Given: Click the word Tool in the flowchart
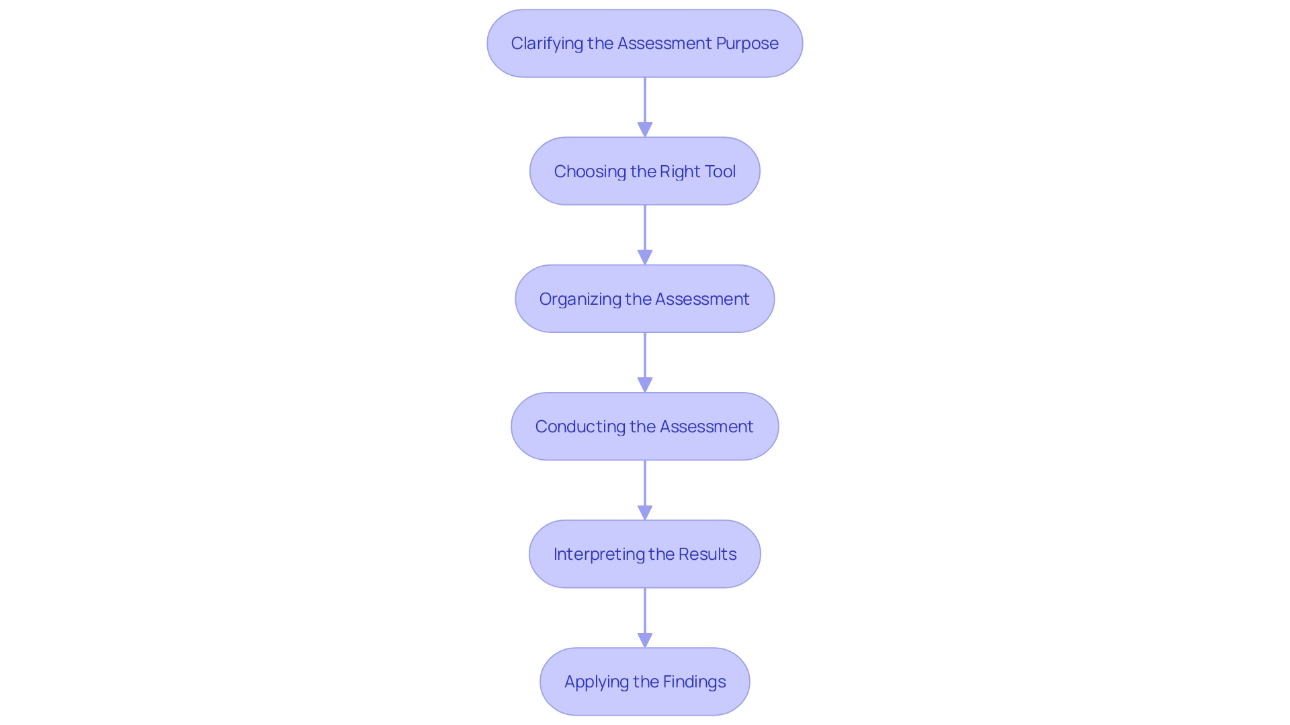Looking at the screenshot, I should tap(720, 172).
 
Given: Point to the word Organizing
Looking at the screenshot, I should tap(579, 299).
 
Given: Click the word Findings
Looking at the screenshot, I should tap(693, 682).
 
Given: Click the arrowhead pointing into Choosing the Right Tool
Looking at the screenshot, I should tap(645, 130).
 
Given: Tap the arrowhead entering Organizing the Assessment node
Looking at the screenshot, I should tap(645, 257).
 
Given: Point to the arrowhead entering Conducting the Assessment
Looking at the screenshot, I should tap(645, 385).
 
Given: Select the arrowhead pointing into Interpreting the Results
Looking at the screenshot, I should tap(645, 512).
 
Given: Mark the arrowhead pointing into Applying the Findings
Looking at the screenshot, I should tap(645, 640).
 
